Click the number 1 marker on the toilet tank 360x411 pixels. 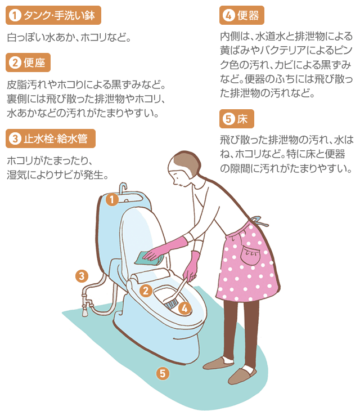tap(112, 199)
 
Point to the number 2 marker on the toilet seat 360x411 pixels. tap(146, 291)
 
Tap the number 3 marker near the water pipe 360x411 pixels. tap(82, 276)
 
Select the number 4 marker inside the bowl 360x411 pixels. tap(184, 309)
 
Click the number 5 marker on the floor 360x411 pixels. tap(163, 373)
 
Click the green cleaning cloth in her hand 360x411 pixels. tap(148, 258)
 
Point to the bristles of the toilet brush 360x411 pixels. tap(171, 304)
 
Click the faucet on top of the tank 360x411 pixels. tap(123, 189)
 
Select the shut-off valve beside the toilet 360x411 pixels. tap(85, 303)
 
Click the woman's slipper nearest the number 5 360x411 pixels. tap(218, 363)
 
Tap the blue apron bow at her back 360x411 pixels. tap(259, 221)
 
